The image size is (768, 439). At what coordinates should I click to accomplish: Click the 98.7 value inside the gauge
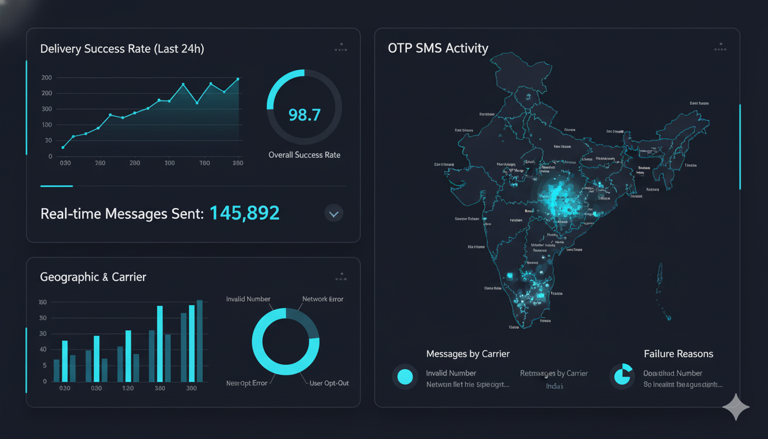point(304,115)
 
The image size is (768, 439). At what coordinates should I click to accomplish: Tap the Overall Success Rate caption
point(304,155)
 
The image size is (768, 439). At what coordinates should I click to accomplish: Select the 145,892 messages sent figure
point(245,213)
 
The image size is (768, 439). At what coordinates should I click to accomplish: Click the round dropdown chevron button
point(334,214)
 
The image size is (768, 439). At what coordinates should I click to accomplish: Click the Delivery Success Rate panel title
point(122,49)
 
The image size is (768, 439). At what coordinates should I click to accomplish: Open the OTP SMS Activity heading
point(438,48)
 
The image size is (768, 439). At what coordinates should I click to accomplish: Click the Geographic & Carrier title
point(93,277)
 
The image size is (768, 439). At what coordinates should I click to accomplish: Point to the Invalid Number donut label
point(248,299)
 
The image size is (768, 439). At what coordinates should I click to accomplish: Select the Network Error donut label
point(323,299)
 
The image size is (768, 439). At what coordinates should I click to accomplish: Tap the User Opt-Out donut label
point(329,383)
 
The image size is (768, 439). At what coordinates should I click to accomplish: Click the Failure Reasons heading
point(678,354)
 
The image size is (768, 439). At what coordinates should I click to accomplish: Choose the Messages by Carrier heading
point(467,354)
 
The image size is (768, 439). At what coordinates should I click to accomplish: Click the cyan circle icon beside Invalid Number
point(405,376)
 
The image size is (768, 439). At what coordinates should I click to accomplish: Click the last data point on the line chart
point(238,79)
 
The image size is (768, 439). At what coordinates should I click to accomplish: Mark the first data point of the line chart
point(63,147)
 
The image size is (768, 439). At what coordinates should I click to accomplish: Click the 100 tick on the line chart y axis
point(47,125)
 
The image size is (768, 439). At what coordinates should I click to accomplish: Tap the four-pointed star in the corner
point(736,407)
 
